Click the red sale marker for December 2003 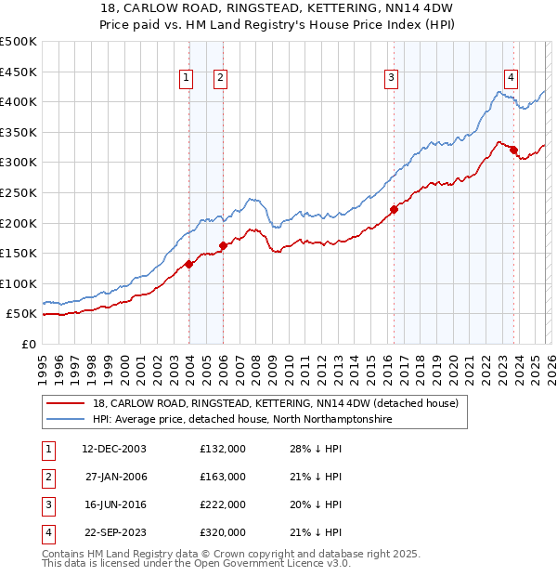188,264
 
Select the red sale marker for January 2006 224,245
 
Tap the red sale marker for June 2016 394,209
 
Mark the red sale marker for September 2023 513,150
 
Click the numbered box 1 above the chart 188,79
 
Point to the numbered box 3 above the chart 392,79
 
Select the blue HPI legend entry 242,420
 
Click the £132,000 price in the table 223,449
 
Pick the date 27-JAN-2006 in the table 114,477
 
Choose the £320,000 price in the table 223,532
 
